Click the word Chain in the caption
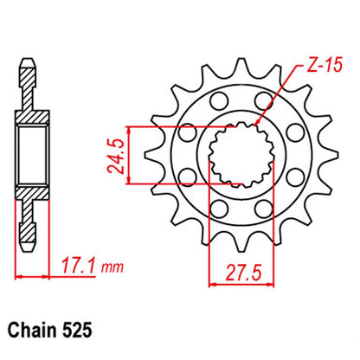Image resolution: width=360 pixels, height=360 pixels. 32,331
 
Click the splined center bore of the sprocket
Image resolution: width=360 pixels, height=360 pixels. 237,154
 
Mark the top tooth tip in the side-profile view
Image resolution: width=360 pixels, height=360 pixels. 29,64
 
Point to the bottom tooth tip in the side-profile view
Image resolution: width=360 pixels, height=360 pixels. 29,243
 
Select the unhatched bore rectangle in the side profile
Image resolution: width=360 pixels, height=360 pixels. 29,154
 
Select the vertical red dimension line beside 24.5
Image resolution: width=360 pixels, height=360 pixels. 130,154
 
